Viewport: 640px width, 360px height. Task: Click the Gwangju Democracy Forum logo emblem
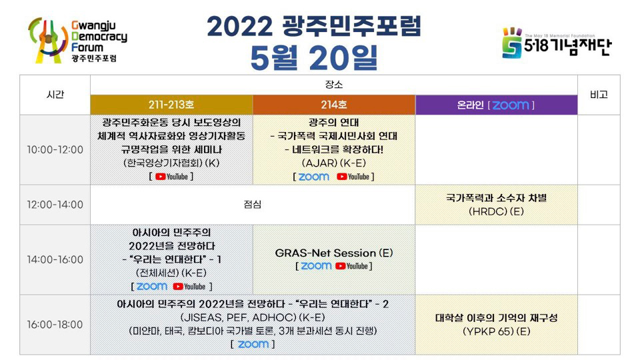pyautogui.click(x=48, y=40)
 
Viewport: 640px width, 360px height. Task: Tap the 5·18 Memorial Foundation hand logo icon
pyautogui.click(x=512, y=43)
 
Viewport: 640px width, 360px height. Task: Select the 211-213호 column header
pyautogui.click(x=171, y=105)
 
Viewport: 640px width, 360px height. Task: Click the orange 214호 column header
pyautogui.click(x=334, y=105)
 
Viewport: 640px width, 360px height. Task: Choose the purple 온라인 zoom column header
pyautogui.click(x=496, y=105)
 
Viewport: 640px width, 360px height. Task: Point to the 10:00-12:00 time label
pyautogui.click(x=55, y=150)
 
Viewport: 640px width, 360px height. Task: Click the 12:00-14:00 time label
pyautogui.click(x=55, y=205)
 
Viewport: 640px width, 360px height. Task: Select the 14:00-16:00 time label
pyautogui.click(x=55, y=259)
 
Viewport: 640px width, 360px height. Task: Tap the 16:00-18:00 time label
pyautogui.click(x=55, y=325)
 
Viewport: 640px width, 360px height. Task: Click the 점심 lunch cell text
pyautogui.click(x=252, y=205)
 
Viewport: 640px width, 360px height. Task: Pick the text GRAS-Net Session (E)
pyautogui.click(x=334, y=253)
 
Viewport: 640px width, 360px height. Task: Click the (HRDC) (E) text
pyautogui.click(x=496, y=211)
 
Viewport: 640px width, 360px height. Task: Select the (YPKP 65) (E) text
pyautogui.click(x=496, y=331)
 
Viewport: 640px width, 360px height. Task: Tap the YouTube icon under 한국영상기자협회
pyautogui.click(x=171, y=177)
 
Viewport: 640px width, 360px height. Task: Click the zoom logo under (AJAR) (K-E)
pyautogui.click(x=314, y=177)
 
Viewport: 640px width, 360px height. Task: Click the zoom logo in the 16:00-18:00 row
pyautogui.click(x=253, y=344)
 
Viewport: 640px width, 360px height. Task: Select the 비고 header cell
pyautogui.click(x=599, y=95)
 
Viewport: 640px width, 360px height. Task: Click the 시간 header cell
pyautogui.click(x=55, y=95)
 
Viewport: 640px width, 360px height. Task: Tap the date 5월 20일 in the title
pyautogui.click(x=314, y=57)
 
